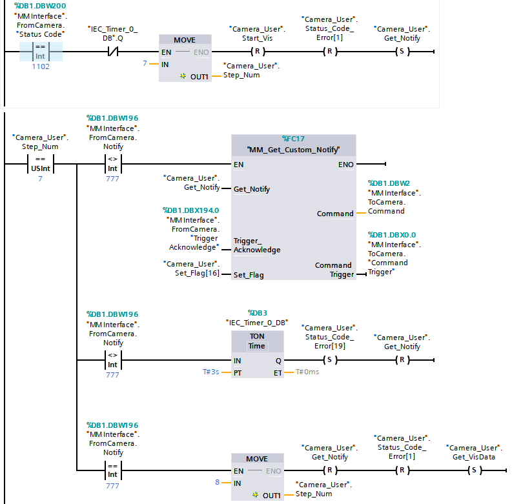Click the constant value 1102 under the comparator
pos(40,66)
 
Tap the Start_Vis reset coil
pos(257,52)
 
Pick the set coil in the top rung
pos(403,52)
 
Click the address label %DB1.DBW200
pos(39,5)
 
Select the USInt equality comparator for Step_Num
pos(40,165)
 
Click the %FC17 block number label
pos(293,139)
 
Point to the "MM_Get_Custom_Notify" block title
pos(293,150)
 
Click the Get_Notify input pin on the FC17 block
pos(252,189)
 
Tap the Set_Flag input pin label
pos(249,274)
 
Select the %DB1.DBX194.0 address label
pos(191,210)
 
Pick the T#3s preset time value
pos(210,372)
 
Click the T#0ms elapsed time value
pos(307,372)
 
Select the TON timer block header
pos(257,341)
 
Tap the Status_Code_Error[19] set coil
pos(330,359)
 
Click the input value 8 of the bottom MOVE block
pos(218,482)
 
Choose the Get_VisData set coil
pos(475,470)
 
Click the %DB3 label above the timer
pos(257,312)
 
